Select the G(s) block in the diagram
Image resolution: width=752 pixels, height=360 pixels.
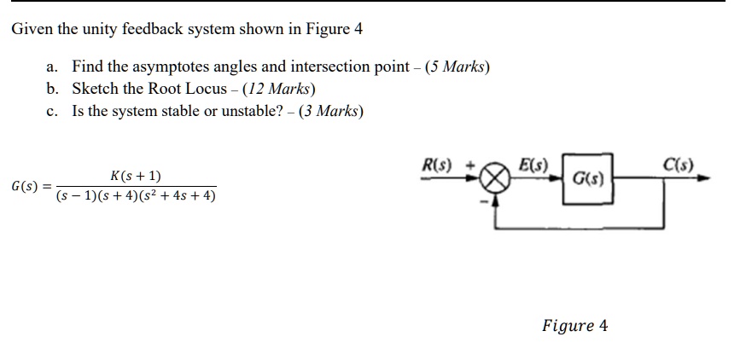[x=587, y=179]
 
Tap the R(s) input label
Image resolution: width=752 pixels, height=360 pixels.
[x=436, y=165]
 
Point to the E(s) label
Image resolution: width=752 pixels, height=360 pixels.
[x=533, y=165]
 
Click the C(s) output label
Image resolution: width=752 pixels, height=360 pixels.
[x=678, y=165]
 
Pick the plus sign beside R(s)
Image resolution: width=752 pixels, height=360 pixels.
[x=471, y=166]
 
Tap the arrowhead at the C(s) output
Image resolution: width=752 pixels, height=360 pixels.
[x=703, y=178]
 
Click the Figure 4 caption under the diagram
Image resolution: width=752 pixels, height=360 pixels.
[x=575, y=326]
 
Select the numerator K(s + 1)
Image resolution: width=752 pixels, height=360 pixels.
[x=136, y=177]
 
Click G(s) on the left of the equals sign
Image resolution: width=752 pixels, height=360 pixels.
[x=25, y=187]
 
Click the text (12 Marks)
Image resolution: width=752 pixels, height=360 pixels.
[x=279, y=89]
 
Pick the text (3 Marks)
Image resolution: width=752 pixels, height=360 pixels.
[x=331, y=111]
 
